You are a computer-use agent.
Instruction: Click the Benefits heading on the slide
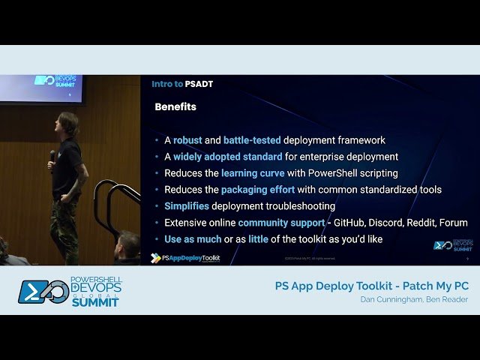[x=175, y=107]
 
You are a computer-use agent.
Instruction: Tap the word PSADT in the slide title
[x=199, y=84]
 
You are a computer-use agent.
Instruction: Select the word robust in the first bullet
[x=188, y=140]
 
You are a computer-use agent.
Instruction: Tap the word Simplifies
[x=187, y=206]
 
